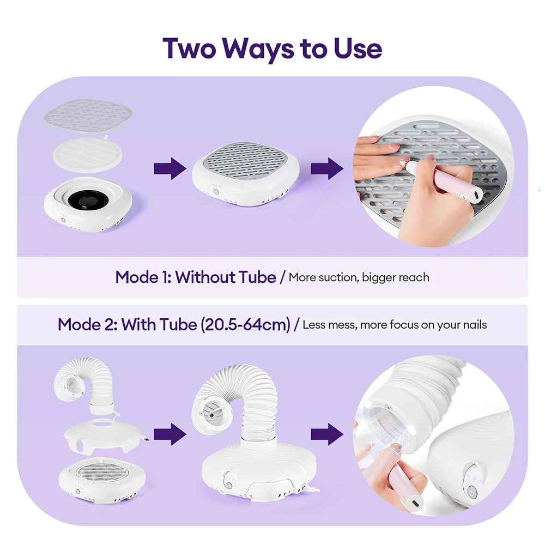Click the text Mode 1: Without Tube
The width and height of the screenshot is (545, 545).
click(195, 277)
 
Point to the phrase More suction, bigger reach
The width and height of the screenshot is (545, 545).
click(359, 277)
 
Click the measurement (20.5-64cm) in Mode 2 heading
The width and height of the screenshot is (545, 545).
click(245, 325)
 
